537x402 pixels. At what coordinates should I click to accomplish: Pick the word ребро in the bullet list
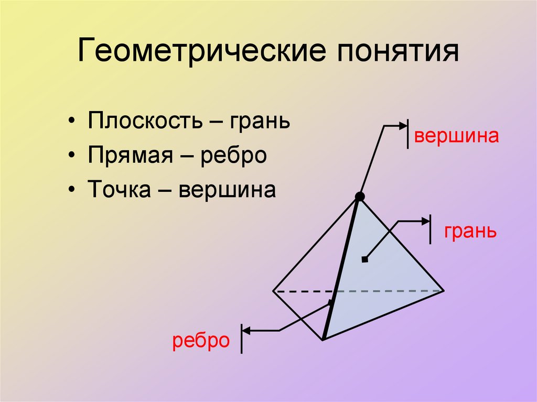click(233, 156)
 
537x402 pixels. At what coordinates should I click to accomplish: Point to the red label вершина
click(455, 136)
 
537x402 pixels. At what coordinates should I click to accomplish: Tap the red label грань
click(470, 231)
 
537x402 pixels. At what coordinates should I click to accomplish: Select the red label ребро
click(201, 341)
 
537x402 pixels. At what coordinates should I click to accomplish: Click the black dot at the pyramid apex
click(359, 197)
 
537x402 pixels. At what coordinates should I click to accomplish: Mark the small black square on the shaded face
click(365, 259)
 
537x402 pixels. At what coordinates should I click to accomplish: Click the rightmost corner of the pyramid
click(444, 290)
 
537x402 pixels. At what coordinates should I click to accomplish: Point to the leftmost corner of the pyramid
click(273, 290)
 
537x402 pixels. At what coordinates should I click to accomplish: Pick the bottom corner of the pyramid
click(323, 340)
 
